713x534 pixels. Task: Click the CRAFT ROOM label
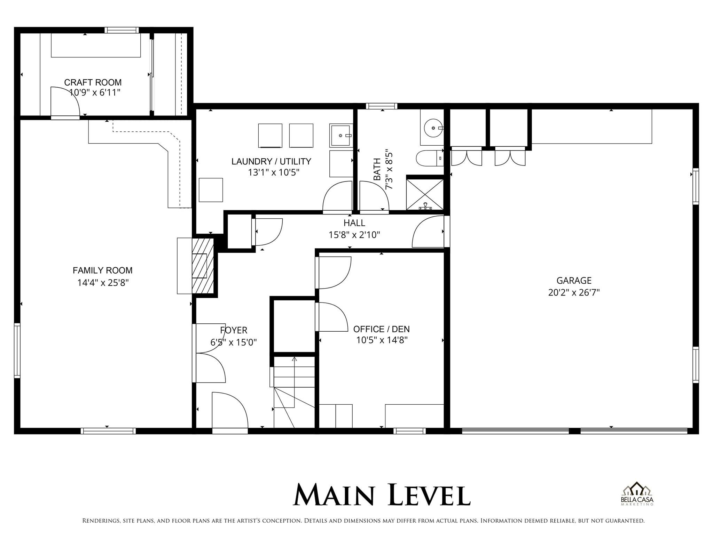tap(93, 82)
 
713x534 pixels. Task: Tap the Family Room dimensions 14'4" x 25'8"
tap(103, 283)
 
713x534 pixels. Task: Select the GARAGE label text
tap(574, 280)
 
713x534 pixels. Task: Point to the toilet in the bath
tap(429, 158)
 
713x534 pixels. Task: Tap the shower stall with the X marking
tap(425, 194)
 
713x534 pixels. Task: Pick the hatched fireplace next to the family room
tap(203, 266)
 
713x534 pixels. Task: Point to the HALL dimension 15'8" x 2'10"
tap(354, 235)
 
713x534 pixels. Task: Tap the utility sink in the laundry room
tap(341, 135)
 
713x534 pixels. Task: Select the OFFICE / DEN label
tap(381, 329)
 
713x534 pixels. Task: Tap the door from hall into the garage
tap(428, 232)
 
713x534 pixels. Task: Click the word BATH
tap(377, 169)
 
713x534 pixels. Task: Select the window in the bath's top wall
tap(381, 106)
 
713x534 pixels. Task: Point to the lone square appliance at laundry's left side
tap(211, 190)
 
